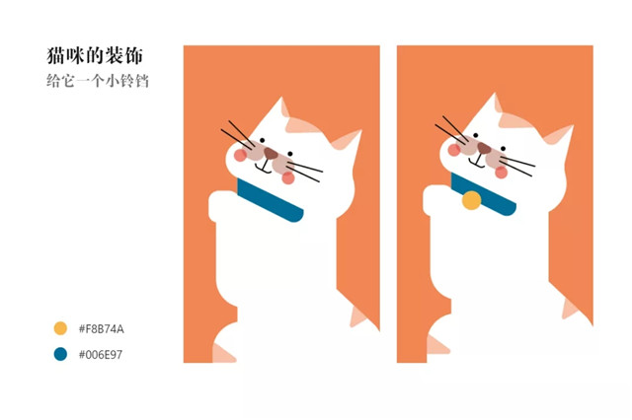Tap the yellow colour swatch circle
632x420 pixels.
click(x=60, y=328)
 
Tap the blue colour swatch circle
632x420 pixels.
click(x=60, y=353)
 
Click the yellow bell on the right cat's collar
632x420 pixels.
click(x=472, y=201)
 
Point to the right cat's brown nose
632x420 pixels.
click(x=484, y=148)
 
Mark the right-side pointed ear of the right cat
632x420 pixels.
click(x=560, y=141)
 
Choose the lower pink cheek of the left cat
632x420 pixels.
click(x=287, y=177)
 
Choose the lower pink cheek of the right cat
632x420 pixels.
click(x=501, y=173)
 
